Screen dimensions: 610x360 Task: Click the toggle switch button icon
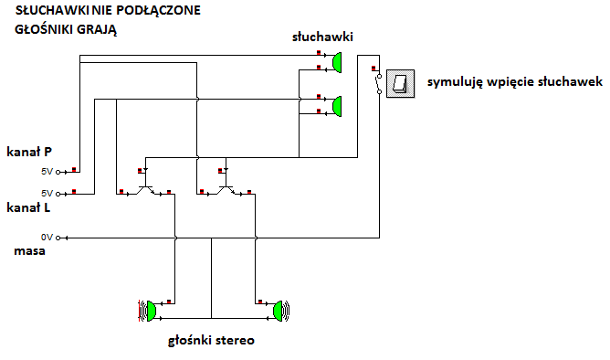click(x=400, y=84)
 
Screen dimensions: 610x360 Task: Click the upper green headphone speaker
click(x=337, y=62)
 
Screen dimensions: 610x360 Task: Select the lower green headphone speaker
click(x=337, y=106)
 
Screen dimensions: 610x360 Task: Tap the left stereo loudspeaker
click(x=148, y=311)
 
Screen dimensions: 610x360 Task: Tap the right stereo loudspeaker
click(x=281, y=311)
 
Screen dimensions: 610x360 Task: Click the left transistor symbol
click(x=145, y=186)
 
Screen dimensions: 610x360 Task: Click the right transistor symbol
click(x=226, y=186)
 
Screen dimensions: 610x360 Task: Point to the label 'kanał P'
click(x=29, y=152)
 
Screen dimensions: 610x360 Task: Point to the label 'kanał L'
click(x=28, y=207)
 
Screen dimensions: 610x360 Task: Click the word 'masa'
click(x=29, y=251)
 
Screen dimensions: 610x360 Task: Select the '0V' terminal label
click(x=47, y=238)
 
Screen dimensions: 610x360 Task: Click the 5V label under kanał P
click(x=47, y=172)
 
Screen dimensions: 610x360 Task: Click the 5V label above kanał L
click(x=47, y=194)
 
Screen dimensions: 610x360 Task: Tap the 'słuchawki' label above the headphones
click(x=322, y=37)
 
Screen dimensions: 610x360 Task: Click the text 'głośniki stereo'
click(x=211, y=341)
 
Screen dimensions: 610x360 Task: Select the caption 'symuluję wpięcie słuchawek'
click(x=515, y=82)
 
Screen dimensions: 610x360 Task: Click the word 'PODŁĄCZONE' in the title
click(x=158, y=11)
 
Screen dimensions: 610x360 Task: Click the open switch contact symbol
click(x=378, y=84)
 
